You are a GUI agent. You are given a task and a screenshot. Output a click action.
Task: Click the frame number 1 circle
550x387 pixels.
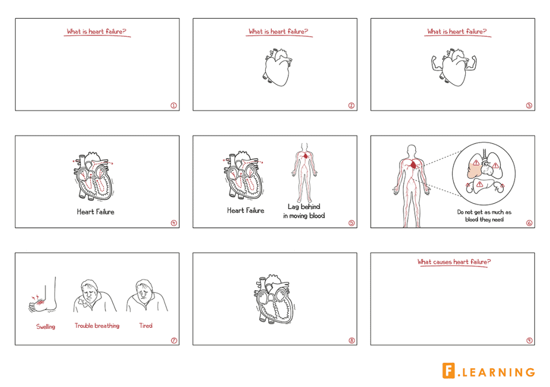[x=173, y=105]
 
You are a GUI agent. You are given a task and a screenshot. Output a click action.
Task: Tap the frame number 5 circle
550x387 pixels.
[x=351, y=223]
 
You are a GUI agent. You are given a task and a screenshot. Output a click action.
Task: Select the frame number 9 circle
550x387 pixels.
[x=529, y=340]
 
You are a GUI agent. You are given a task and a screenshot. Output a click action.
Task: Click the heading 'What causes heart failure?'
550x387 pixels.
[x=454, y=262]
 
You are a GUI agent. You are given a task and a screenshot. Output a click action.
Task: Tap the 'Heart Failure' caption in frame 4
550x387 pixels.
[x=96, y=212]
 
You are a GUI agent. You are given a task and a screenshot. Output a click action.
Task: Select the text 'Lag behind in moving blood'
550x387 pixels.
[x=304, y=211]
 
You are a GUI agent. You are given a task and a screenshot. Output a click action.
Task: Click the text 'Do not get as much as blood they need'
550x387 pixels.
[x=484, y=216]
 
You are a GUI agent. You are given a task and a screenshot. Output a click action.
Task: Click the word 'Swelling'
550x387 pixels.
[x=46, y=326]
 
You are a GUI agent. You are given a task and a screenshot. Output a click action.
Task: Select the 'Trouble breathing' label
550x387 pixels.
[x=97, y=326]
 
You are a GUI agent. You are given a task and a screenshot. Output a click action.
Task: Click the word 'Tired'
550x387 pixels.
[x=146, y=326]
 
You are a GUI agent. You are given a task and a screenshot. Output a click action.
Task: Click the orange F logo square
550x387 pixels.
[x=449, y=371]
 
